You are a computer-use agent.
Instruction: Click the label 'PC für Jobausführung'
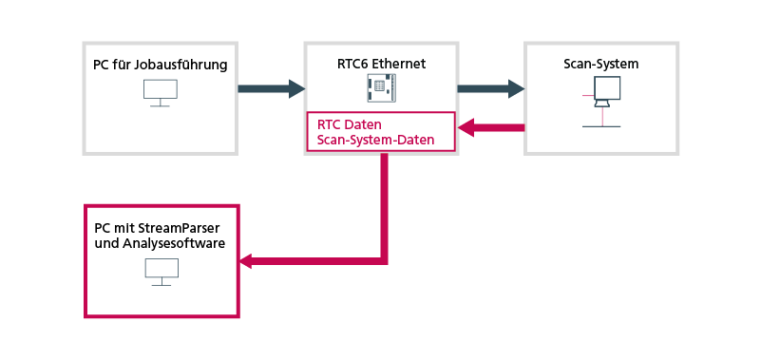point(161,65)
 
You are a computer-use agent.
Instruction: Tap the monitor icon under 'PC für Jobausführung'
point(161,93)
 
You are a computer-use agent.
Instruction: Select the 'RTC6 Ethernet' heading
point(382,64)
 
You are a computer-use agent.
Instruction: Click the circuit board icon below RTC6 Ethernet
point(382,87)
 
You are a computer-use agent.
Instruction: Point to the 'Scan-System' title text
point(601,64)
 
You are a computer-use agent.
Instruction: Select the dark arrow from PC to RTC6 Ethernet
point(272,88)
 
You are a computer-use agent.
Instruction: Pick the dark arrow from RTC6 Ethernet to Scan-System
point(490,88)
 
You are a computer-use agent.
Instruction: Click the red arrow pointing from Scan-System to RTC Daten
point(491,128)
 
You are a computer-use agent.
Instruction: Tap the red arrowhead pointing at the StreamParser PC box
point(248,260)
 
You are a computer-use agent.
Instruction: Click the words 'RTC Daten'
point(350,124)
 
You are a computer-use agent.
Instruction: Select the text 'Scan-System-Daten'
point(375,140)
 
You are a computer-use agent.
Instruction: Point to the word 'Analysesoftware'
point(174,243)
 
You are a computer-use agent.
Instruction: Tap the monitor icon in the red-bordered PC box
point(162,272)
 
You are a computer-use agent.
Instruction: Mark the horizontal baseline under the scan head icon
point(601,126)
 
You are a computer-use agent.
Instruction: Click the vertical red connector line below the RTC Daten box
point(384,206)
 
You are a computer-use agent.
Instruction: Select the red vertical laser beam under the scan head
point(602,117)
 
